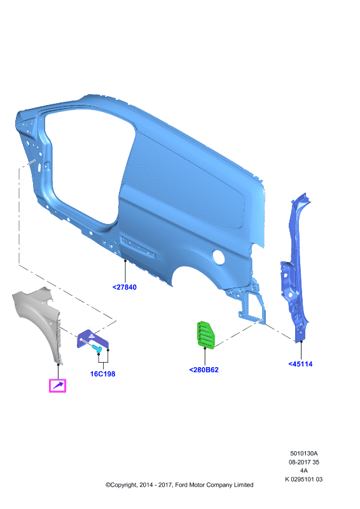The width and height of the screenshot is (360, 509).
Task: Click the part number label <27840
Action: pyautogui.click(x=124, y=288)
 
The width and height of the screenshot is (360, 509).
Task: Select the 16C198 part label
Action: pyautogui.click(x=102, y=374)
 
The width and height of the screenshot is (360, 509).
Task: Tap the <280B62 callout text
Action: pyautogui.click(x=204, y=370)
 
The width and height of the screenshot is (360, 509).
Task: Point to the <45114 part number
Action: pyautogui.click(x=300, y=364)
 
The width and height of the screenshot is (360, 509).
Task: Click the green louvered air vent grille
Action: pyautogui.click(x=205, y=335)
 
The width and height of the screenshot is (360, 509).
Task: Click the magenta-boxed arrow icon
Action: pyautogui.click(x=57, y=386)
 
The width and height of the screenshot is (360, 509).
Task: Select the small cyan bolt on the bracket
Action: pyautogui.click(x=97, y=349)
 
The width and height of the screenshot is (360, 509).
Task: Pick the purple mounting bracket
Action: pyautogui.click(x=92, y=339)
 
